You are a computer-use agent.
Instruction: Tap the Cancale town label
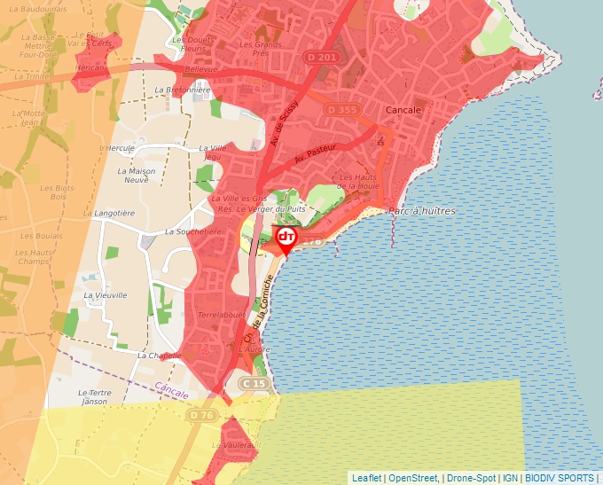pyautogui.click(x=404, y=110)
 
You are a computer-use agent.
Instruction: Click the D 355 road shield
pyautogui.click(x=341, y=109)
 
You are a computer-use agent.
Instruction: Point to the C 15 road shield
pyautogui.click(x=255, y=383)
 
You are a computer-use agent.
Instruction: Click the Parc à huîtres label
pyautogui.click(x=422, y=211)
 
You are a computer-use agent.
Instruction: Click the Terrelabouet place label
pyautogui.click(x=221, y=315)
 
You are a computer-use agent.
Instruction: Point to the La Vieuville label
pyautogui.click(x=106, y=295)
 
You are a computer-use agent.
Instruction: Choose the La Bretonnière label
pyautogui.click(x=182, y=90)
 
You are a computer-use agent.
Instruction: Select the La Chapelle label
pyautogui.click(x=160, y=355)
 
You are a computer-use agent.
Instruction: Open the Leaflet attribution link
pyautogui.click(x=366, y=478)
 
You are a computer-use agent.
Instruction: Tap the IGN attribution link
pyautogui.click(x=510, y=478)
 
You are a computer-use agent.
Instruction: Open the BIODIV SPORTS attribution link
pyautogui.click(x=560, y=478)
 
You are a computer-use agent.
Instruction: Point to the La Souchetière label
pyautogui.click(x=193, y=231)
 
